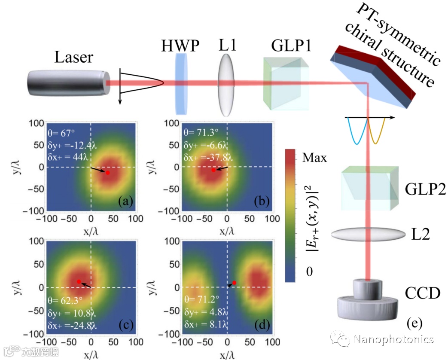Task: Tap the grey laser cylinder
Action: [67, 84]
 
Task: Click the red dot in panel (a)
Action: [107, 173]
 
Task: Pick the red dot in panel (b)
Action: [213, 170]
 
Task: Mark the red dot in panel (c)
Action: [79, 281]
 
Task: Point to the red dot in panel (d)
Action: [234, 283]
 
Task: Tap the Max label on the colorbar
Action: [314, 158]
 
